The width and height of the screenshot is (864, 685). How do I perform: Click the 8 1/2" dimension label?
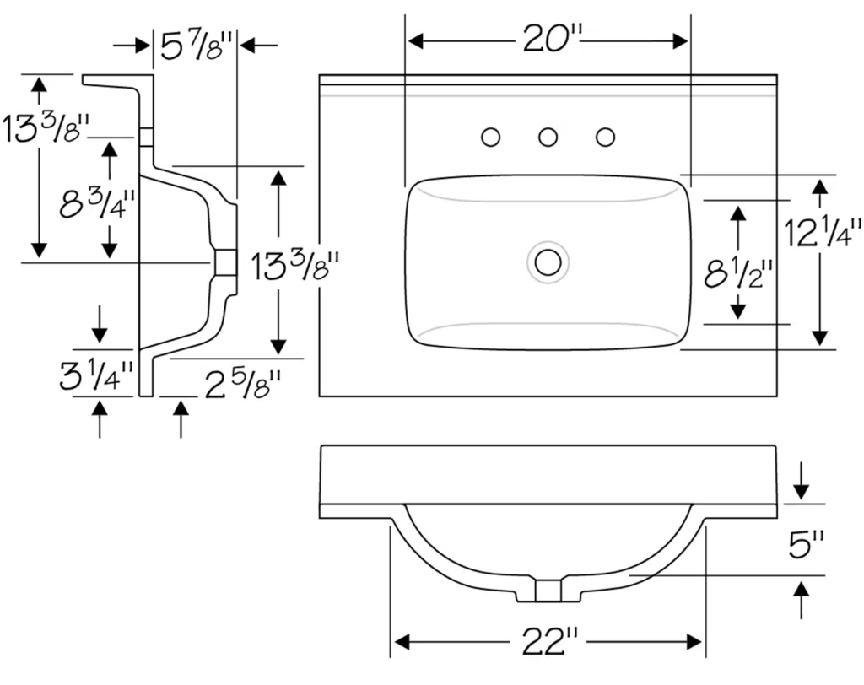739,272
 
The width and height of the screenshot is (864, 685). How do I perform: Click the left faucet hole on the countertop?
490,137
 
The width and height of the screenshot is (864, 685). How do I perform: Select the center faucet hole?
548,137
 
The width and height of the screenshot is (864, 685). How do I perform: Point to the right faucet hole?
605,137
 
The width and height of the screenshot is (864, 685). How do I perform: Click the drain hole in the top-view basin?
548,262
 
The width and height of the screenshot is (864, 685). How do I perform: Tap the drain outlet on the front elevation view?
548,591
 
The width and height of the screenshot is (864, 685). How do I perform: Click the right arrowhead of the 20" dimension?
682,40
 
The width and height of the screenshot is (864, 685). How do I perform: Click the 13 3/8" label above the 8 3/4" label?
46,128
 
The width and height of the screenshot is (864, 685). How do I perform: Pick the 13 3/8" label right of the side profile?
295,267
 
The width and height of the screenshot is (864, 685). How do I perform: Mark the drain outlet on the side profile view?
225,262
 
